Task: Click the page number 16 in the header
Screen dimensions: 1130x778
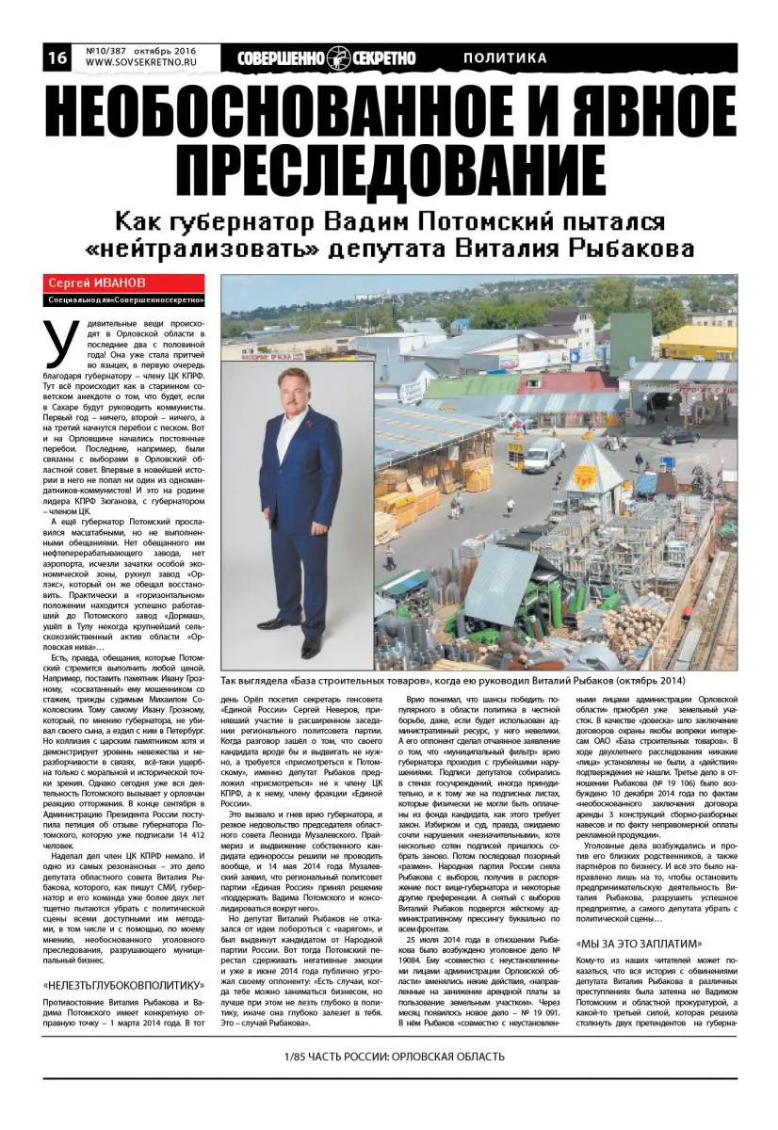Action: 56,57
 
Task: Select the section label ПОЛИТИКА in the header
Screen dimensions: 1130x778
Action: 505,58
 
